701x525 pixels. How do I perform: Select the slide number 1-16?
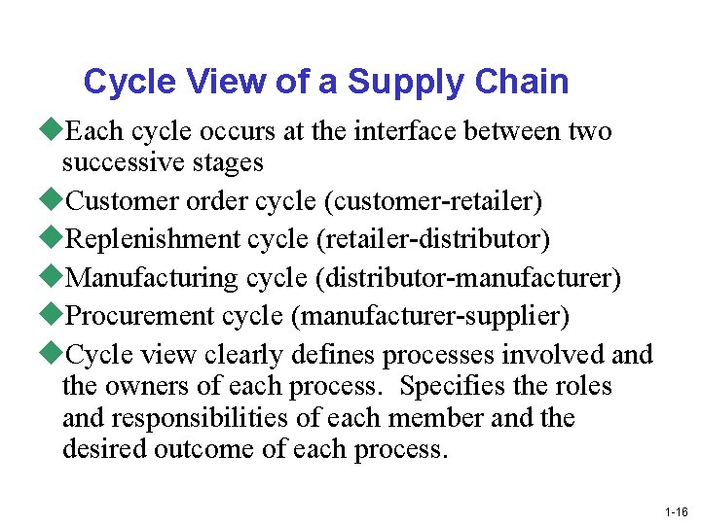tap(676, 511)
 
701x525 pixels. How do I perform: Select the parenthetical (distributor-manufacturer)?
tap(467, 279)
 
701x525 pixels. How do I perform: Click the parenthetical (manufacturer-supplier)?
tap(434, 317)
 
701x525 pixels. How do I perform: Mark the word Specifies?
tap(453, 386)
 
